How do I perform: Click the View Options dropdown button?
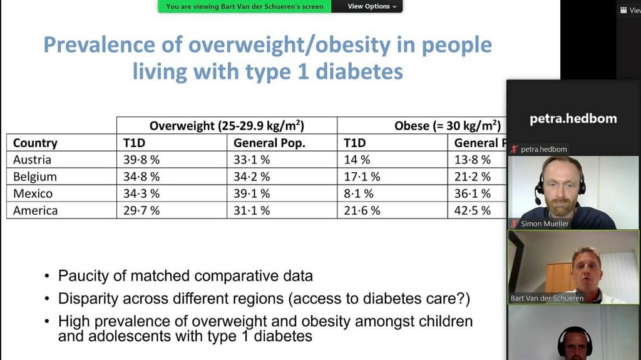pyautogui.click(x=372, y=6)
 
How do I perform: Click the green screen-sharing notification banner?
pyautogui.click(x=244, y=6)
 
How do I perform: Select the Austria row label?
pyautogui.click(x=32, y=160)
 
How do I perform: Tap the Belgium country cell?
pyautogui.click(x=34, y=177)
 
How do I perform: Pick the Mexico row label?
pyautogui.click(x=33, y=193)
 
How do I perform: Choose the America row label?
pyautogui.click(x=35, y=210)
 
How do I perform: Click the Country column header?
pyautogui.click(x=35, y=143)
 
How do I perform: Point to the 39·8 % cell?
pyautogui.click(x=141, y=160)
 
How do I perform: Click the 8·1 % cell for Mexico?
pyautogui.click(x=359, y=193)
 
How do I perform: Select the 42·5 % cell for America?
pyautogui.click(x=472, y=210)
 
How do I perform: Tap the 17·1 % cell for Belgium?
pyautogui.click(x=362, y=177)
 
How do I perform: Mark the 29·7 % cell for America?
pyautogui.click(x=141, y=210)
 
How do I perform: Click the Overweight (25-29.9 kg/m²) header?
pyautogui.click(x=227, y=125)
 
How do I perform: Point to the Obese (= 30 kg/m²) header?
pyautogui.click(x=447, y=125)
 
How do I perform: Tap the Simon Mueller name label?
pyautogui.click(x=544, y=224)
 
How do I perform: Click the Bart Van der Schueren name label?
pyautogui.click(x=546, y=298)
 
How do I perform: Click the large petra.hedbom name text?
pyautogui.click(x=573, y=118)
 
